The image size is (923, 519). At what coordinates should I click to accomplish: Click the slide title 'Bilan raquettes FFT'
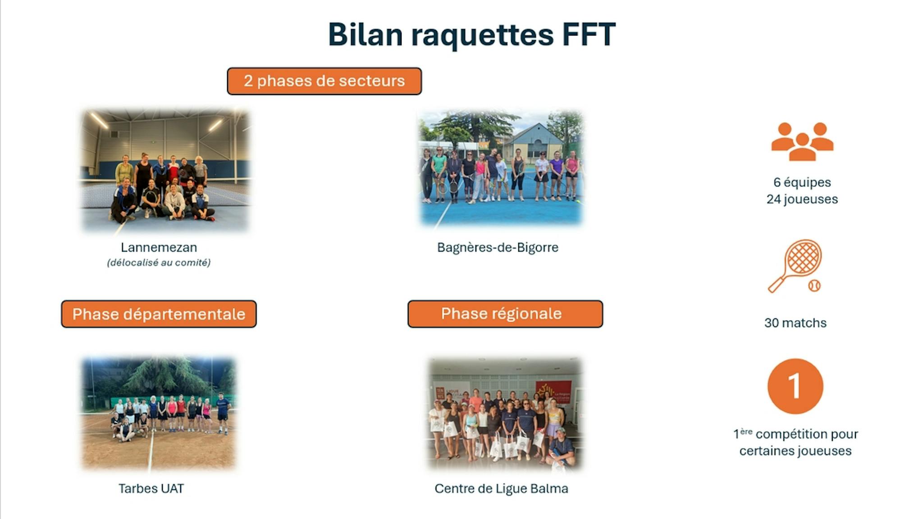point(471,35)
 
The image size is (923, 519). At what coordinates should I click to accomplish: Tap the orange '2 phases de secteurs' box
point(324,81)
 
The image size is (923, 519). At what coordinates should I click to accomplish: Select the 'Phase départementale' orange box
point(159,314)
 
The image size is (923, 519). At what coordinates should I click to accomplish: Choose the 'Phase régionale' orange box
point(505,314)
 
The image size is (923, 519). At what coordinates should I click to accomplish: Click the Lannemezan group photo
point(165,171)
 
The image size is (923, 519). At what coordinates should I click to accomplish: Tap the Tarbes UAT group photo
point(159,413)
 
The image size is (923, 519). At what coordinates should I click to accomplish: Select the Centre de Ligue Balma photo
point(505,414)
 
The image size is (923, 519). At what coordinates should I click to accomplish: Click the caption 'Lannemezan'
point(159,247)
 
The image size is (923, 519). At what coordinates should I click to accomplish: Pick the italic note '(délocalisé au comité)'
point(159,262)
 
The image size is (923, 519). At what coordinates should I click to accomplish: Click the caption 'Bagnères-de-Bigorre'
point(498,248)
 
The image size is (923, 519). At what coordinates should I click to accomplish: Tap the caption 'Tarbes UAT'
point(151,488)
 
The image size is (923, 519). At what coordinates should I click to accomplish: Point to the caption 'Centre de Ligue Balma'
point(501,489)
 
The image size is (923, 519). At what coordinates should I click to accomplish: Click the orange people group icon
point(802,141)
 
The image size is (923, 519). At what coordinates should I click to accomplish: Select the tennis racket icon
point(794,266)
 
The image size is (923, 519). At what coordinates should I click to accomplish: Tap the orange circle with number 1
point(795,386)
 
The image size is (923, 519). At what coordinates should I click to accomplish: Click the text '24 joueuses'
point(802,199)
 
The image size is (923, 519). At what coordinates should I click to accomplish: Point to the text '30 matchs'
point(795,323)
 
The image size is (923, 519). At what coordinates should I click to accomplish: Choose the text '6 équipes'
point(802,183)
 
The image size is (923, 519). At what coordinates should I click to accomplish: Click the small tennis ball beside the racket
point(814,285)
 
